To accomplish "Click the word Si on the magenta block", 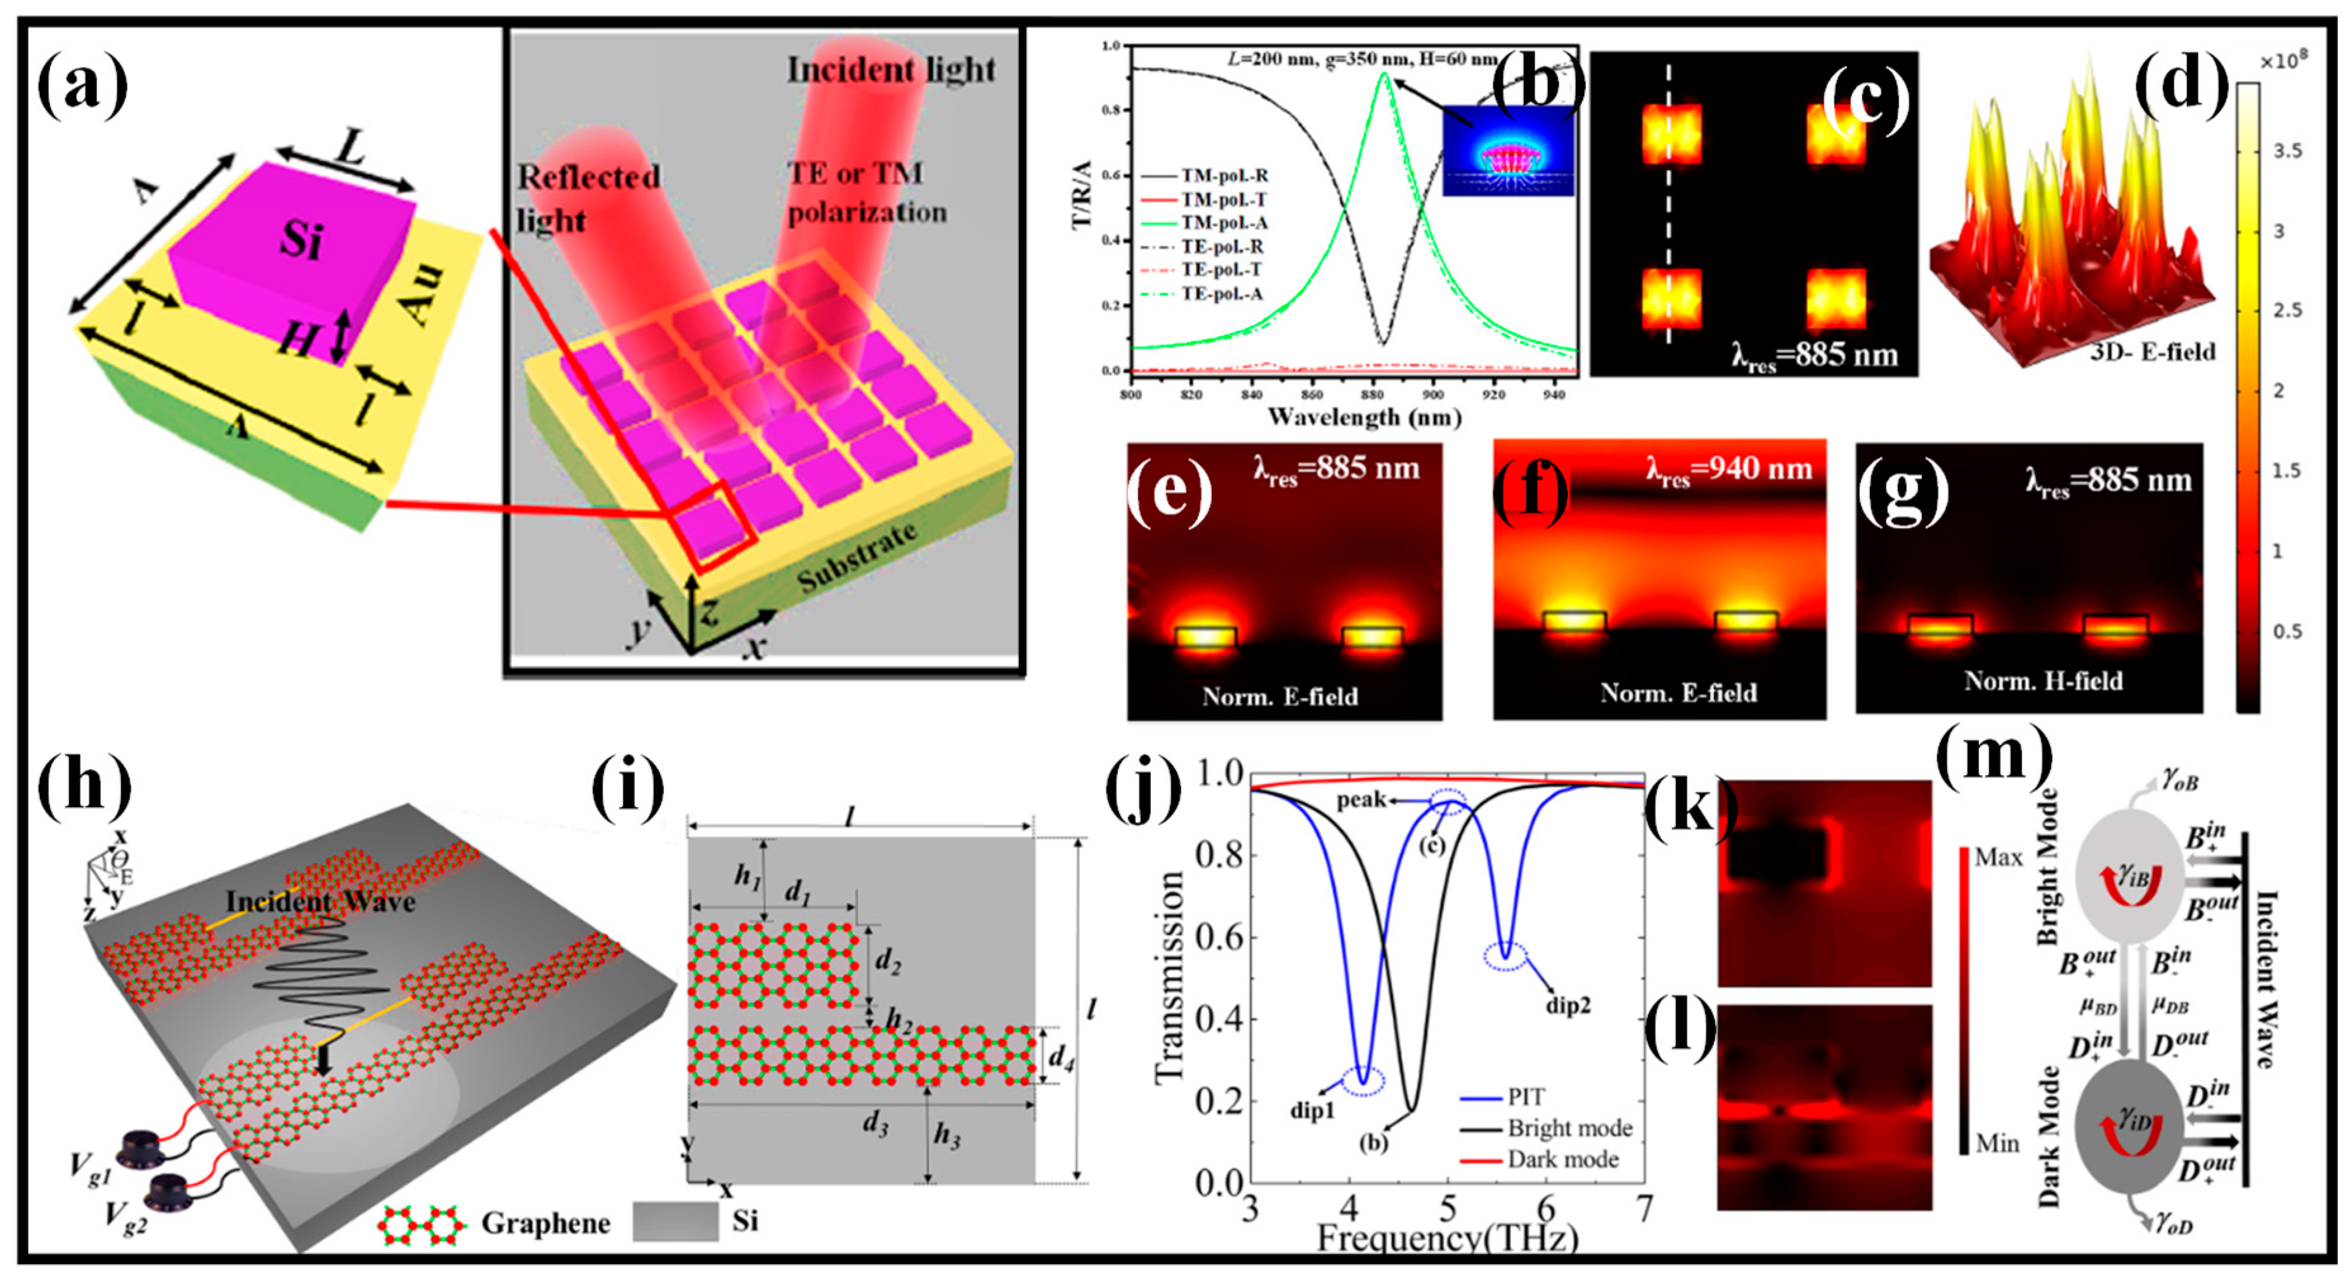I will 301,239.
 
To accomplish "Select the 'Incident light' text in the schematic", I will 892,69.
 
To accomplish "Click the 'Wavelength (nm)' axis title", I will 1364,417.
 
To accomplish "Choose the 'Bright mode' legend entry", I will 1569,1128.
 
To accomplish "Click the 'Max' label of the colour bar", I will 1998,857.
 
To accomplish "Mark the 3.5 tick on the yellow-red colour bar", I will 2287,150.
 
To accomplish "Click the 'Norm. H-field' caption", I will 2044,681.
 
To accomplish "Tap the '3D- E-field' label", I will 2153,351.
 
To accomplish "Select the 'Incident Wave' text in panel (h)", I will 320,902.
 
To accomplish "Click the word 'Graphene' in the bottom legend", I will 545,1222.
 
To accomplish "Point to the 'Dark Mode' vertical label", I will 2049,1136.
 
